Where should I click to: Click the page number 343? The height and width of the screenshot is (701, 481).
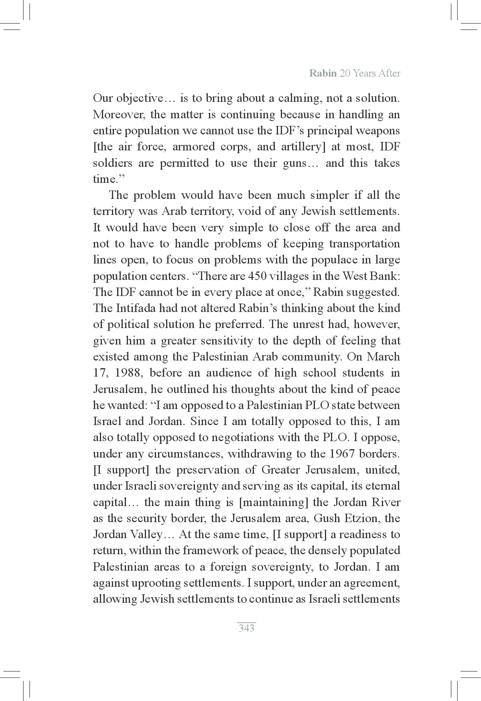[246, 628]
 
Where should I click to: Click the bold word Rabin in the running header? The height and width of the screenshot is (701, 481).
[323, 73]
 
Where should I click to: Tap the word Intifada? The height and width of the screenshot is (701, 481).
[136, 308]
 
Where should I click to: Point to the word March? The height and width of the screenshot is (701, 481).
[384, 357]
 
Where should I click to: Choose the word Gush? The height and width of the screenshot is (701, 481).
[327, 518]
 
